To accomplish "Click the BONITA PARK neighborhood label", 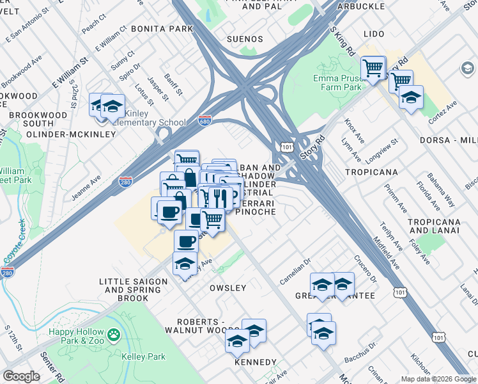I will coord(162,29).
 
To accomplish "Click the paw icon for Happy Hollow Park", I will coord(113,333).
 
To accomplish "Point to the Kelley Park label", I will coord(144,356).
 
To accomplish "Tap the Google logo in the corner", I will coord(21,376).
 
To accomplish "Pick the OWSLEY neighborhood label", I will coord(227,288).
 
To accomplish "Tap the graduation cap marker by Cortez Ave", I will coord(410,97).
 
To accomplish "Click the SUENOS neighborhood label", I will coord(245,39).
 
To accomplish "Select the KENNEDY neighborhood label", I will coord(255,362).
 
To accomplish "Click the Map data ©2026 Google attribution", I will coord(438,379).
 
